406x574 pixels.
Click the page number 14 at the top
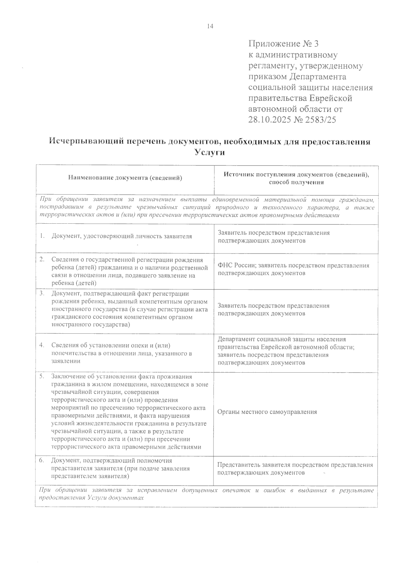(x=210, y=26)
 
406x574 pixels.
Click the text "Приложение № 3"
(x=284, y=44)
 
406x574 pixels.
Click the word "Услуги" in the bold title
(x=210, y=153)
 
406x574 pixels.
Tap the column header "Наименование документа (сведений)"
(x=125, y=178)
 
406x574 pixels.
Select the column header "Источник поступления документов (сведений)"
(x=296, y=175)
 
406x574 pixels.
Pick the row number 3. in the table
(x=42, y=293)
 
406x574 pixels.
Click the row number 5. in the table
(x=42, y=376)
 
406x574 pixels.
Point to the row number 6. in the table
(x=42, y=460)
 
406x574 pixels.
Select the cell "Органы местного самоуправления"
(x=267, y=412)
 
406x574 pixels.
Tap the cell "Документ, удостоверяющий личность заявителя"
(x=122, y=236)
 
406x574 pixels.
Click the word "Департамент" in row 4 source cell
(x=236, y=339)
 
